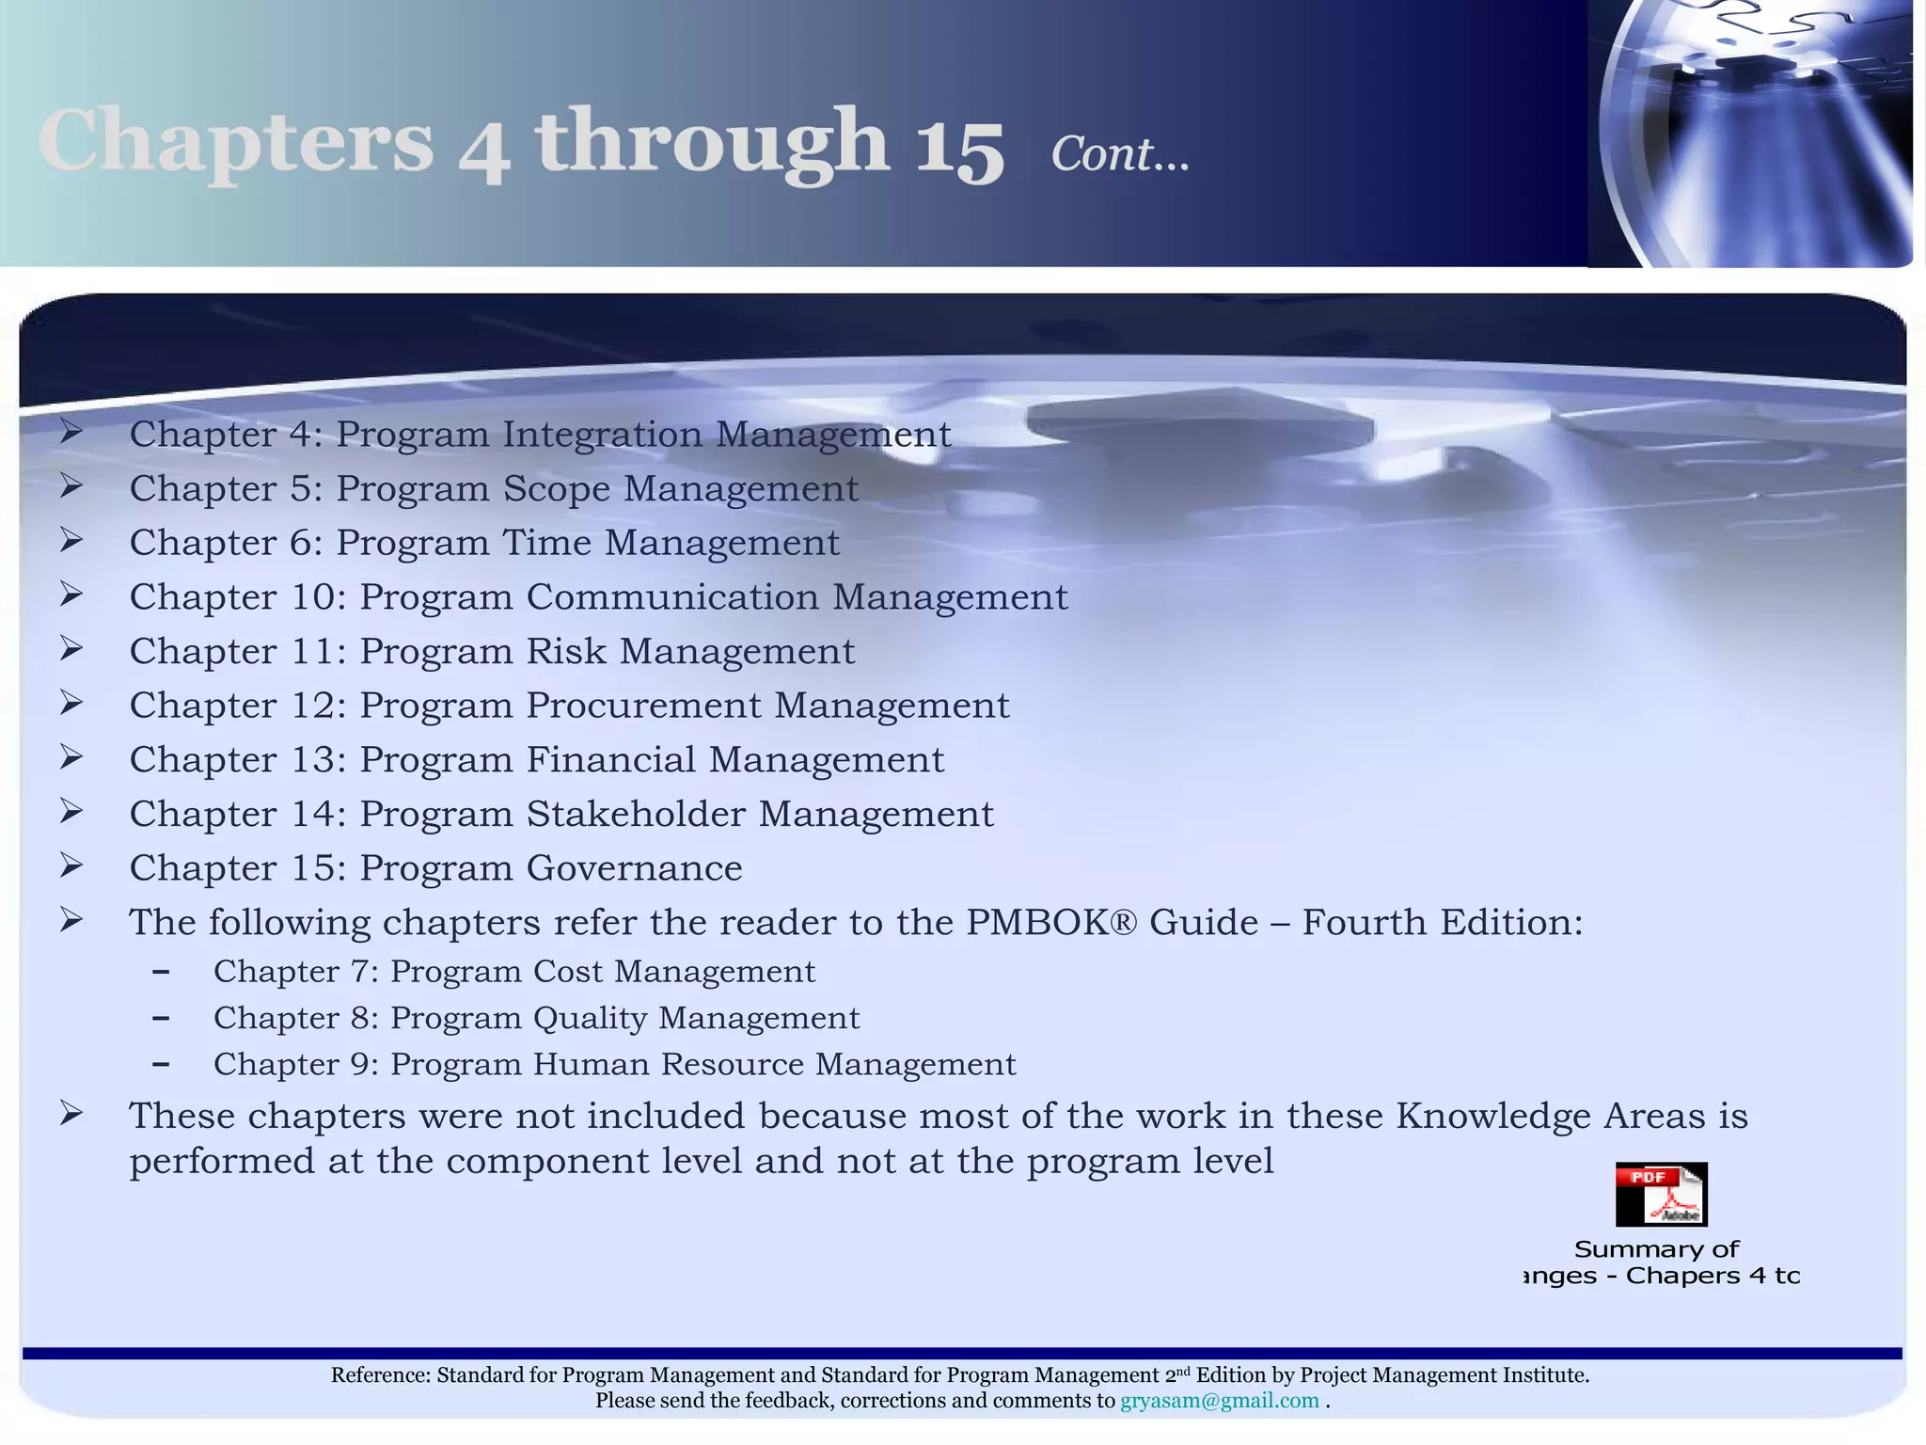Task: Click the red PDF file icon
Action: click(1661, 1194)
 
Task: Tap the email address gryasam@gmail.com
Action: click(1219, 1401)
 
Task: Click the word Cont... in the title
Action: click(1119, 154)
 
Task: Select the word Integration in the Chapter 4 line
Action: click(602, 435)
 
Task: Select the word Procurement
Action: click(643, 706)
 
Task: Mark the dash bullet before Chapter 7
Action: click(161, 972)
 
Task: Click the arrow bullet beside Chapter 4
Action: click(71, 433)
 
